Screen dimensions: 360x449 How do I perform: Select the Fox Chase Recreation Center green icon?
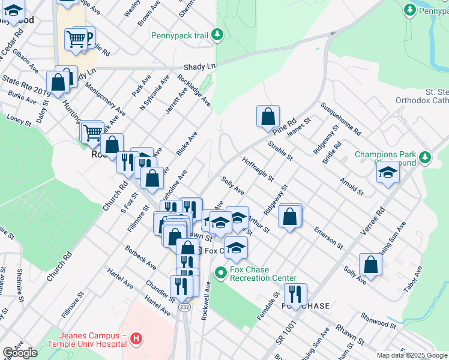tap(220, 273)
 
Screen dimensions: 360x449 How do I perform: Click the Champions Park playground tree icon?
tap(425, 158)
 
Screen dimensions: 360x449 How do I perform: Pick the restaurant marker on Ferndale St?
tap(295, 294)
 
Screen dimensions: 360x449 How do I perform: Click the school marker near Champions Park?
tap(388, 173)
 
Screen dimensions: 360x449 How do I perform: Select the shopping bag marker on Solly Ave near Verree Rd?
tap(370, 264)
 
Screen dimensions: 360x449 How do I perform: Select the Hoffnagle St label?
tap(258, 170)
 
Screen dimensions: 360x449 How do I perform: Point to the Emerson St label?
tap(327, 237)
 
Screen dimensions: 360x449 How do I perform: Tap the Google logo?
tap(20, 353)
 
